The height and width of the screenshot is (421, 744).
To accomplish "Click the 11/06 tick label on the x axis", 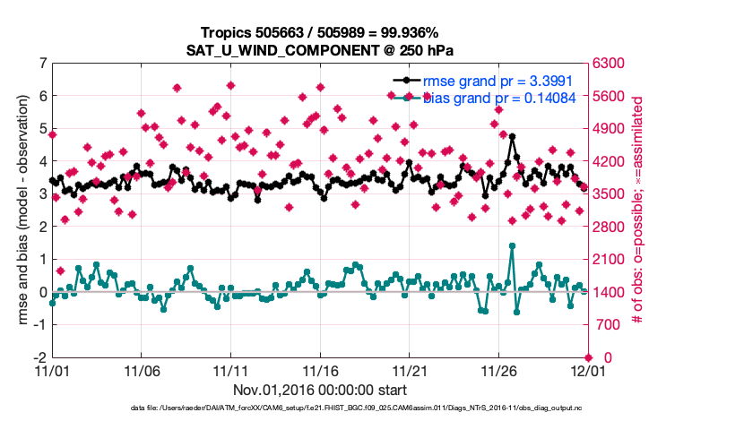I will coord(141,370).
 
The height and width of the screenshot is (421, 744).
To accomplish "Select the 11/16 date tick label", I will coord(320,370).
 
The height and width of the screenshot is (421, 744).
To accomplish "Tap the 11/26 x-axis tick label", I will coord(499,370).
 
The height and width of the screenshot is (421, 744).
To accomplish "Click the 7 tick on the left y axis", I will coord(42,63).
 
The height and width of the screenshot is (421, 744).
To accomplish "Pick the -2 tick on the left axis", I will coord(39,357).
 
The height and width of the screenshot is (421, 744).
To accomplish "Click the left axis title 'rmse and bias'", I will coord(20,210).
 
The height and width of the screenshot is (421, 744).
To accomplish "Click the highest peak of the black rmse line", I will coord(512,137).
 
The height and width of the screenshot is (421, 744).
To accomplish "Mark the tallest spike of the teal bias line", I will coord(512,245).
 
